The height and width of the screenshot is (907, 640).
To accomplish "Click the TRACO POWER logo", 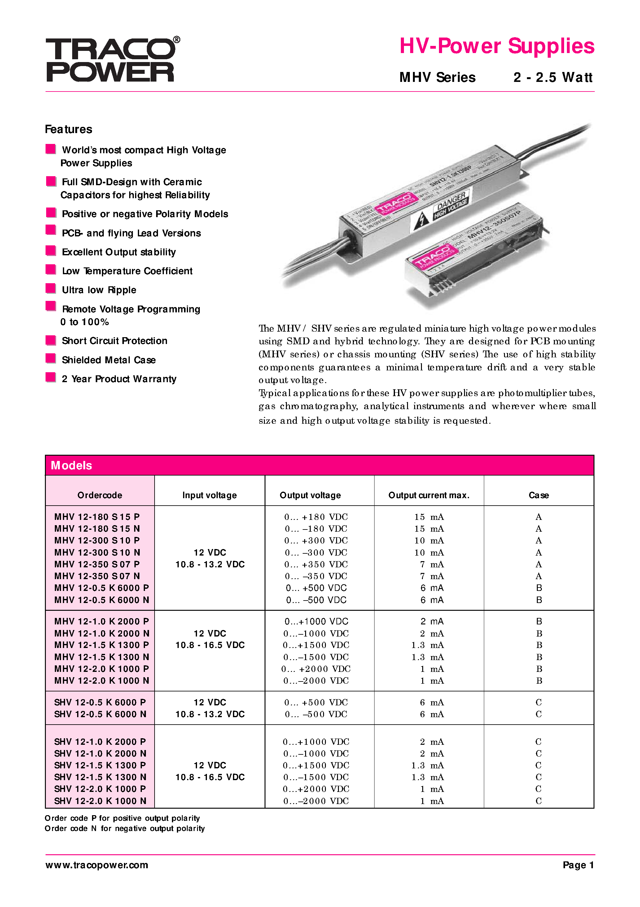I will pyautogui.click(x=112, y=60).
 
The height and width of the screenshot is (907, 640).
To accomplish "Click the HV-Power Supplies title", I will pyautogui.click(x=496, y=46).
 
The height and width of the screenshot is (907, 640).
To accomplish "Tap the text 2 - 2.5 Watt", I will pyautogui.click(x=552, y=78).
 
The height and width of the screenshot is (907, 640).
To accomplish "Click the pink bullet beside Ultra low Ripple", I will pyautogui.click(x=50, y=288).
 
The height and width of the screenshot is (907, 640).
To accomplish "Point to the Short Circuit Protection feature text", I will pyautogui.click(x=114, y=341).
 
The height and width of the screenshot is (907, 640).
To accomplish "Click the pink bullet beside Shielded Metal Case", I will pyautogui.click(x=50, y=358).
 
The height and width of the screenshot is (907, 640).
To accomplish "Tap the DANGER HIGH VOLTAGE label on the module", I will pyautogui.click(x=451, y=205).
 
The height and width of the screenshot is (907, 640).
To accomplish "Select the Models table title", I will pyautogui.click(x=72, y=465).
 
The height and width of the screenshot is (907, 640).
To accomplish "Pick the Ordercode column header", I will pyautogui.click(x=99, y=495).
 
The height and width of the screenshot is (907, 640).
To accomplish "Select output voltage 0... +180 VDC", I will pyautogui.click(x=316, y=517).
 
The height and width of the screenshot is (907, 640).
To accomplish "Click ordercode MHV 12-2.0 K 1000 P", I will pyautogui.click(x=101, y=669).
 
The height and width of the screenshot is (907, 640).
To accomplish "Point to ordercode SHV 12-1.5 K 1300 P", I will pyautogui.click(x=100, y=765).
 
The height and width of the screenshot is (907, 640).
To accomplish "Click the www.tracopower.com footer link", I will pyautogui.click(x=97, y=865).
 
